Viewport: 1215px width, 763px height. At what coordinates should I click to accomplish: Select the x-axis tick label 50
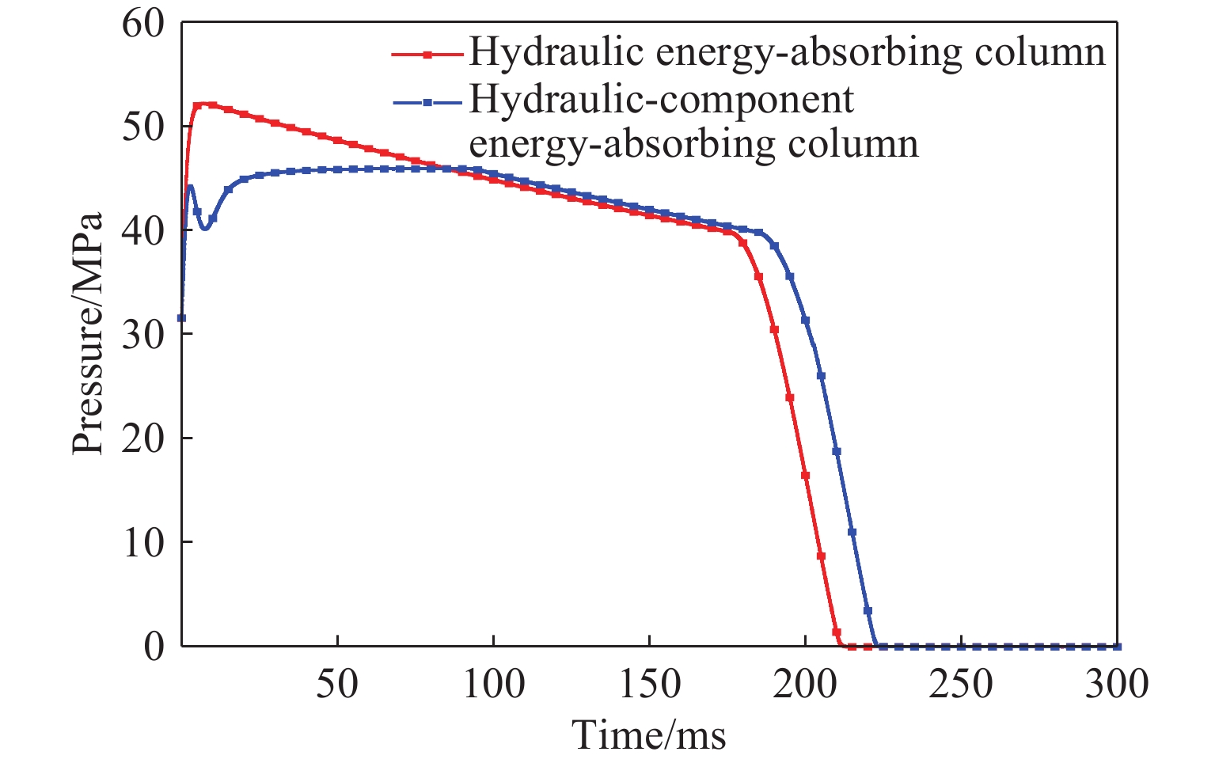[x=337, y=684]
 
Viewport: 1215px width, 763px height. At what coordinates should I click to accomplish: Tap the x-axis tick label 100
[x=493, y=684]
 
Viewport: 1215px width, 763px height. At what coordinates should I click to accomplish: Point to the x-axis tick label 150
[x=649, y=684]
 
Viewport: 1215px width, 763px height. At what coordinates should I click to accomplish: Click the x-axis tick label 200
[x=805, y=684]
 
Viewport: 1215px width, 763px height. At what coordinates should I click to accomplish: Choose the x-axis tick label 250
[x=961, y=684]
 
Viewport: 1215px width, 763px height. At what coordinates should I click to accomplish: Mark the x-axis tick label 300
[x=1116, y=684]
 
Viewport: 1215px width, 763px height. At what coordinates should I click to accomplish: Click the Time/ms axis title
[x=649, y=735]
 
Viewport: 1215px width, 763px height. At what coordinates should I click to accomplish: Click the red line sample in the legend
[x=427, y=55]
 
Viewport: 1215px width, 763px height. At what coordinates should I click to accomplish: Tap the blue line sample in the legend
[x=427, y=104]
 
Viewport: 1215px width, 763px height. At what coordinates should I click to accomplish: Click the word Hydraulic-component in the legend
[x=662, y=101]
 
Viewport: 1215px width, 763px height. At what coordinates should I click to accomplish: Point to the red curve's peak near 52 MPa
[x=204, y=104]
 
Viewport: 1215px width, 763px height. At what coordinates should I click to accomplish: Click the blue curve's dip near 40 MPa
[x=205, y=228]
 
